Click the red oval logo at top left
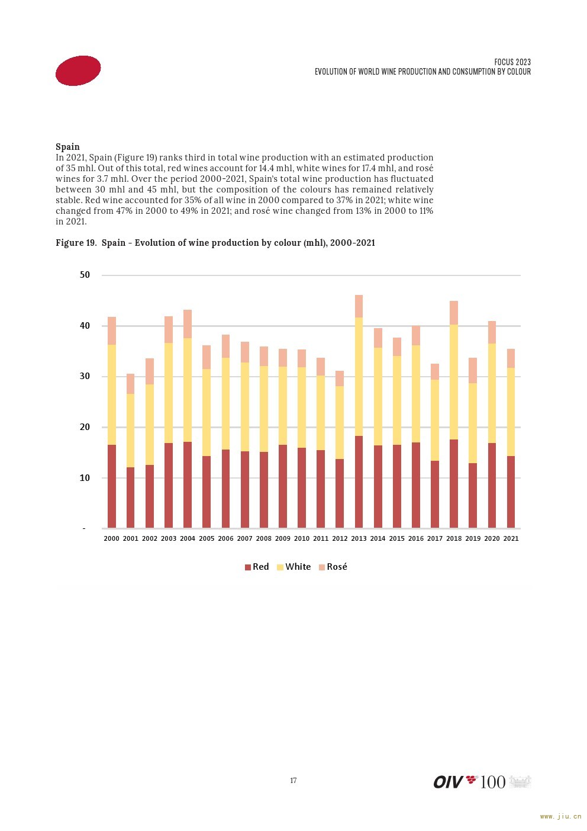click(78, 70)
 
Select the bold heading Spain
click(67, 146)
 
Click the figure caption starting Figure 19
click(215, 243)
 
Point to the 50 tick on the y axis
click(85, 274)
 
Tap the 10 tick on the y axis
click(85, 478)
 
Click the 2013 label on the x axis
click(359, 538)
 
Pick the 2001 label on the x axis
click(130, 538)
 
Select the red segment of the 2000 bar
click(112, 486)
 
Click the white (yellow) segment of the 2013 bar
click(359, 377)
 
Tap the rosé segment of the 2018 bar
click(454, 313)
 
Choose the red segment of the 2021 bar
click(511, 492)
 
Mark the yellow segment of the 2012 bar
click(340, 422)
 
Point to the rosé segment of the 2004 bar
click(188, 324)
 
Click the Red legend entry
click(257, 566)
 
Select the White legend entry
click(294, 566)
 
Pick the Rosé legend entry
click(333, 566)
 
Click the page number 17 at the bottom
click(293, 781)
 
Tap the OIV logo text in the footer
click(449, 782)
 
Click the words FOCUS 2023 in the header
click(512, 62)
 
